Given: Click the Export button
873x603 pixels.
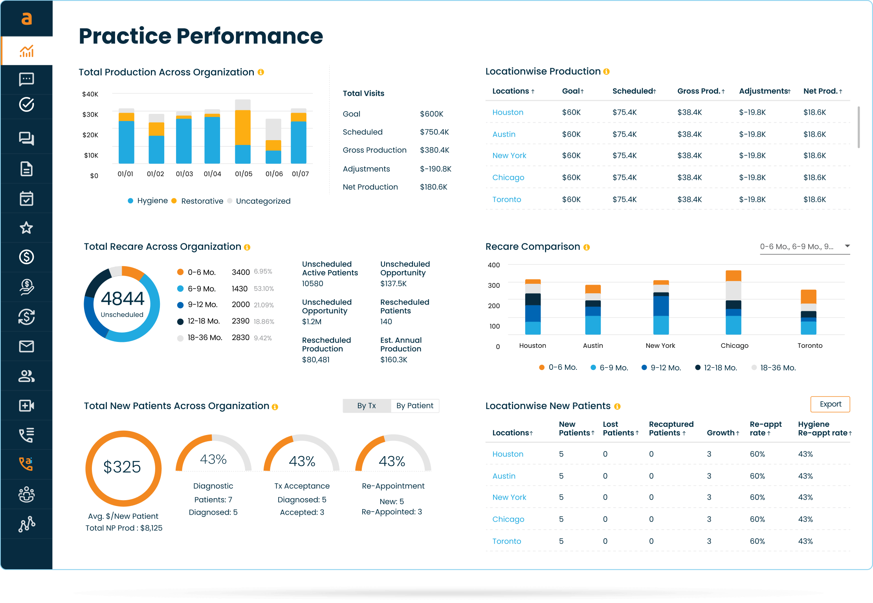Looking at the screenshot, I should click(x=830, y=404).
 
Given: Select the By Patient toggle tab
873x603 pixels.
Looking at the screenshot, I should click(x=414, y=406).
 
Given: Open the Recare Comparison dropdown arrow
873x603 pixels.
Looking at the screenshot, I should click(x=847, y=246).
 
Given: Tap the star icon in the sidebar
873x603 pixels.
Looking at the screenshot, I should click(x=26, y=228).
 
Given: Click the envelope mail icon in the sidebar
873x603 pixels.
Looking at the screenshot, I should click(x=26, y=346).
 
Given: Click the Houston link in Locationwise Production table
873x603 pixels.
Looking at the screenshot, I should click(x=508, y=112).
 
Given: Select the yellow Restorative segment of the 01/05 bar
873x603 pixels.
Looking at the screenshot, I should click(x=242, y=128).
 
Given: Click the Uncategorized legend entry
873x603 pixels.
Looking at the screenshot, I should click(x=262, y=201).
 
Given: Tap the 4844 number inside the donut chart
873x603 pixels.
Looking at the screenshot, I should click(x=122, y=299).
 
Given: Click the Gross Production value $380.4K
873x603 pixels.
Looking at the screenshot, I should click(x=434, y=150).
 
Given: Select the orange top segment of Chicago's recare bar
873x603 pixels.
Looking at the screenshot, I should click(x=733, y=276).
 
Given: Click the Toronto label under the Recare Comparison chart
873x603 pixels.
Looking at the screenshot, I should click(x=809, y=345).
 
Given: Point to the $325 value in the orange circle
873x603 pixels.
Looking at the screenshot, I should click(x=122, y=467).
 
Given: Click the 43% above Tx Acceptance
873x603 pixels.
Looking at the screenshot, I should click(x=302, y=461).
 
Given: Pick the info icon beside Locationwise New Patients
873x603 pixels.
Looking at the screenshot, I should click(x=617, y=406).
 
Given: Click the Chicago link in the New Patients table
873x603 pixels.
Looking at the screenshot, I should click(x=508, y=519).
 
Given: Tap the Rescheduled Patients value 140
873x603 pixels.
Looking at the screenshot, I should click(x=386, y=322).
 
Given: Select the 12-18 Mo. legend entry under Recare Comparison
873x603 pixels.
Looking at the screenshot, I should click(x=720, y=368).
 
